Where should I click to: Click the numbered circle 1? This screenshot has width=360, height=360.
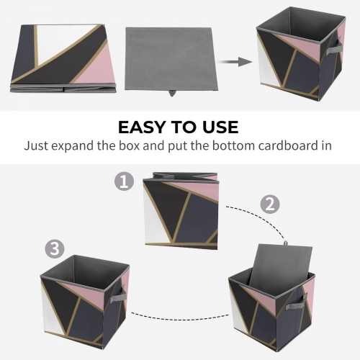pos(125,181)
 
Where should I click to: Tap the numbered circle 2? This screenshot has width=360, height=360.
pos(269,204)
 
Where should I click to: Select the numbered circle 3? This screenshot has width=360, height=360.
pos(53,248)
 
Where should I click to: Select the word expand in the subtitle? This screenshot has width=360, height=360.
pos(79,145)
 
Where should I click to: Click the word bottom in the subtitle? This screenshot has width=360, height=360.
pos(225,145)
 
